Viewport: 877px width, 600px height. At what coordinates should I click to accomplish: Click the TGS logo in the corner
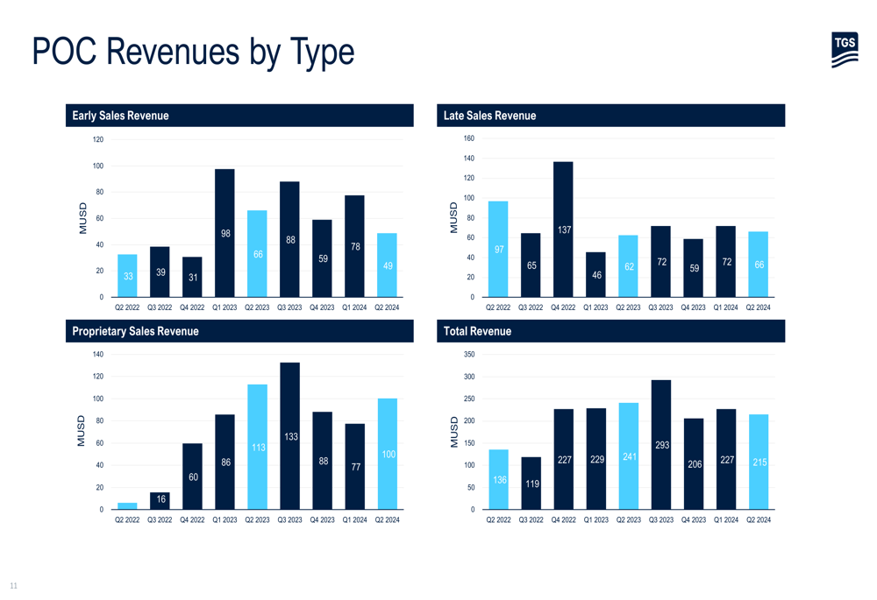click(x=845, y=50)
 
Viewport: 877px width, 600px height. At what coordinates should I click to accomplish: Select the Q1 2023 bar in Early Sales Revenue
click(x=225, y=233)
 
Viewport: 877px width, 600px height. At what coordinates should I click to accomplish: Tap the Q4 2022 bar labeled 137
click(x=563, y=229)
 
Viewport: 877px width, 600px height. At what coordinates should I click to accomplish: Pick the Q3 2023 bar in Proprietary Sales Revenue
click(x=289, y=435)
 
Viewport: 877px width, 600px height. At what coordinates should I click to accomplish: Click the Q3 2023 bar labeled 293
click(x=661, y=444)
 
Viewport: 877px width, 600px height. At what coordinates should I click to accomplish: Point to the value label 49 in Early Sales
click(x=387, y=265)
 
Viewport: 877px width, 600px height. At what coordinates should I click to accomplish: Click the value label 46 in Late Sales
click(x=595, y=275)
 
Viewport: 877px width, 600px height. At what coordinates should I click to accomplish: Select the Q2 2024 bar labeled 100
click(x=387, y=454)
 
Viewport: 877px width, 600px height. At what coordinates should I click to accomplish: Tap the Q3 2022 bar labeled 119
click(x=531, y=483)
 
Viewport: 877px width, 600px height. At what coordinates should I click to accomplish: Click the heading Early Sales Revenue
click(x=121, y=116)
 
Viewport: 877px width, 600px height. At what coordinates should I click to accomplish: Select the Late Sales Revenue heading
click(x=489, y=116)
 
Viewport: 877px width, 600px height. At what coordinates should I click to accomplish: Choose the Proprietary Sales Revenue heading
click(x=135, y=331)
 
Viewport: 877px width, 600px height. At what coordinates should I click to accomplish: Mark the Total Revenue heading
click(x=477, y=331)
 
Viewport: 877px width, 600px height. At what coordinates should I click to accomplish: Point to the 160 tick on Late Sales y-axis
click(x=468, y=138)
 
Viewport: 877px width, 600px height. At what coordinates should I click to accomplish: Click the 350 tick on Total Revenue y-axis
click(x=468, y=355)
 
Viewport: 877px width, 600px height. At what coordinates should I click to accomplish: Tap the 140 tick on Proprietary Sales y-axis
click(x=97, y=355)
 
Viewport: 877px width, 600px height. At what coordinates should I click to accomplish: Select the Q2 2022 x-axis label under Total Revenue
click(x=498, y=520)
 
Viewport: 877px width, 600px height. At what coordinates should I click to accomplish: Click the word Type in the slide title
click(x=319, y=52)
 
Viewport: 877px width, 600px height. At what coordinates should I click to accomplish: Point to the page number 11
click(x=13, y=585)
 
